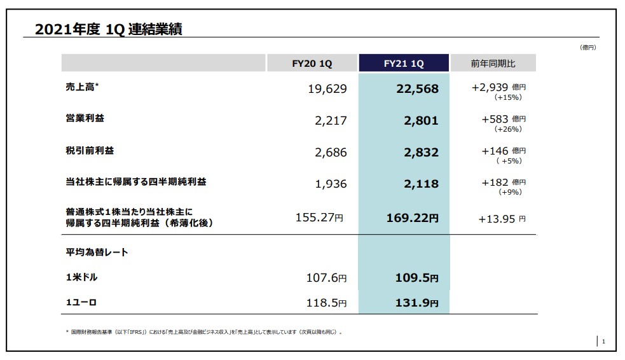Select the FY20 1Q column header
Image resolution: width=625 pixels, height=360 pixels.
click(312, 64)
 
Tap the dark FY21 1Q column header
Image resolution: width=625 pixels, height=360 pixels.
click(404, 64)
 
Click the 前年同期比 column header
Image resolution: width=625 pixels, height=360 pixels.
click(493, 64)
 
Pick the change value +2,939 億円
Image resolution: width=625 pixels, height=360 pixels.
click(498, 87)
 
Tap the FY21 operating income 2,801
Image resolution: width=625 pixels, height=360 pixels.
click(421, 121)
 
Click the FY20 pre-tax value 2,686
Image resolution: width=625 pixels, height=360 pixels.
click(331, 153)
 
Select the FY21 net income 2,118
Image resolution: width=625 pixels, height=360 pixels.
click(421, 184)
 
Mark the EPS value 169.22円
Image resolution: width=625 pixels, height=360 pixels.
click(412, 218)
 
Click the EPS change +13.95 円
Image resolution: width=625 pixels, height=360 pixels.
click(502, 219)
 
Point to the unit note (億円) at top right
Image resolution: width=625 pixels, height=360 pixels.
click(588, 47)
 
